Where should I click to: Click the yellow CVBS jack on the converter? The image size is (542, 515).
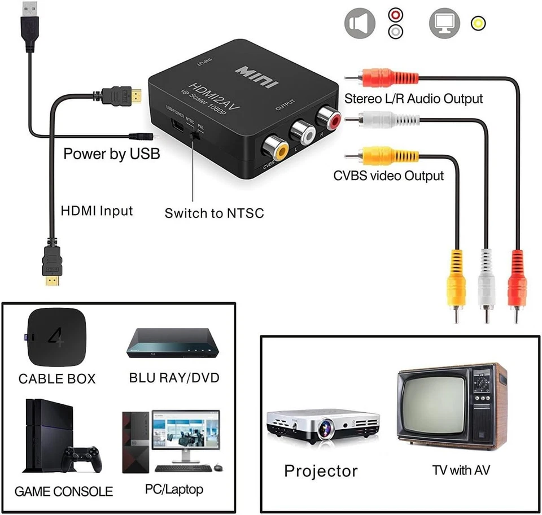[276, 147]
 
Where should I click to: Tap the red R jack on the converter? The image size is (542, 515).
[327, 118]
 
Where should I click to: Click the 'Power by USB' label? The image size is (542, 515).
[111, 154]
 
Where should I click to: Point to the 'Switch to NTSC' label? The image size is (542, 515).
[214, 213]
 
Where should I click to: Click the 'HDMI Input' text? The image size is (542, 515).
[97, 211]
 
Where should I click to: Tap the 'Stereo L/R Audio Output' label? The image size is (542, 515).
[414, 98]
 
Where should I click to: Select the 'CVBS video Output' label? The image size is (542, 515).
[388, 176]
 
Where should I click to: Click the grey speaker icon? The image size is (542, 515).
[360, 23]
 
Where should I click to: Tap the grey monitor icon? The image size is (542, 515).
[444, 23]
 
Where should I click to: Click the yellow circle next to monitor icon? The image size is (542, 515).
[479, 23]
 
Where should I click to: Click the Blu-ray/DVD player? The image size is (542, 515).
[172, 344]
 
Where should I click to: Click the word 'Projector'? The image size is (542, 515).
[321, 470]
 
